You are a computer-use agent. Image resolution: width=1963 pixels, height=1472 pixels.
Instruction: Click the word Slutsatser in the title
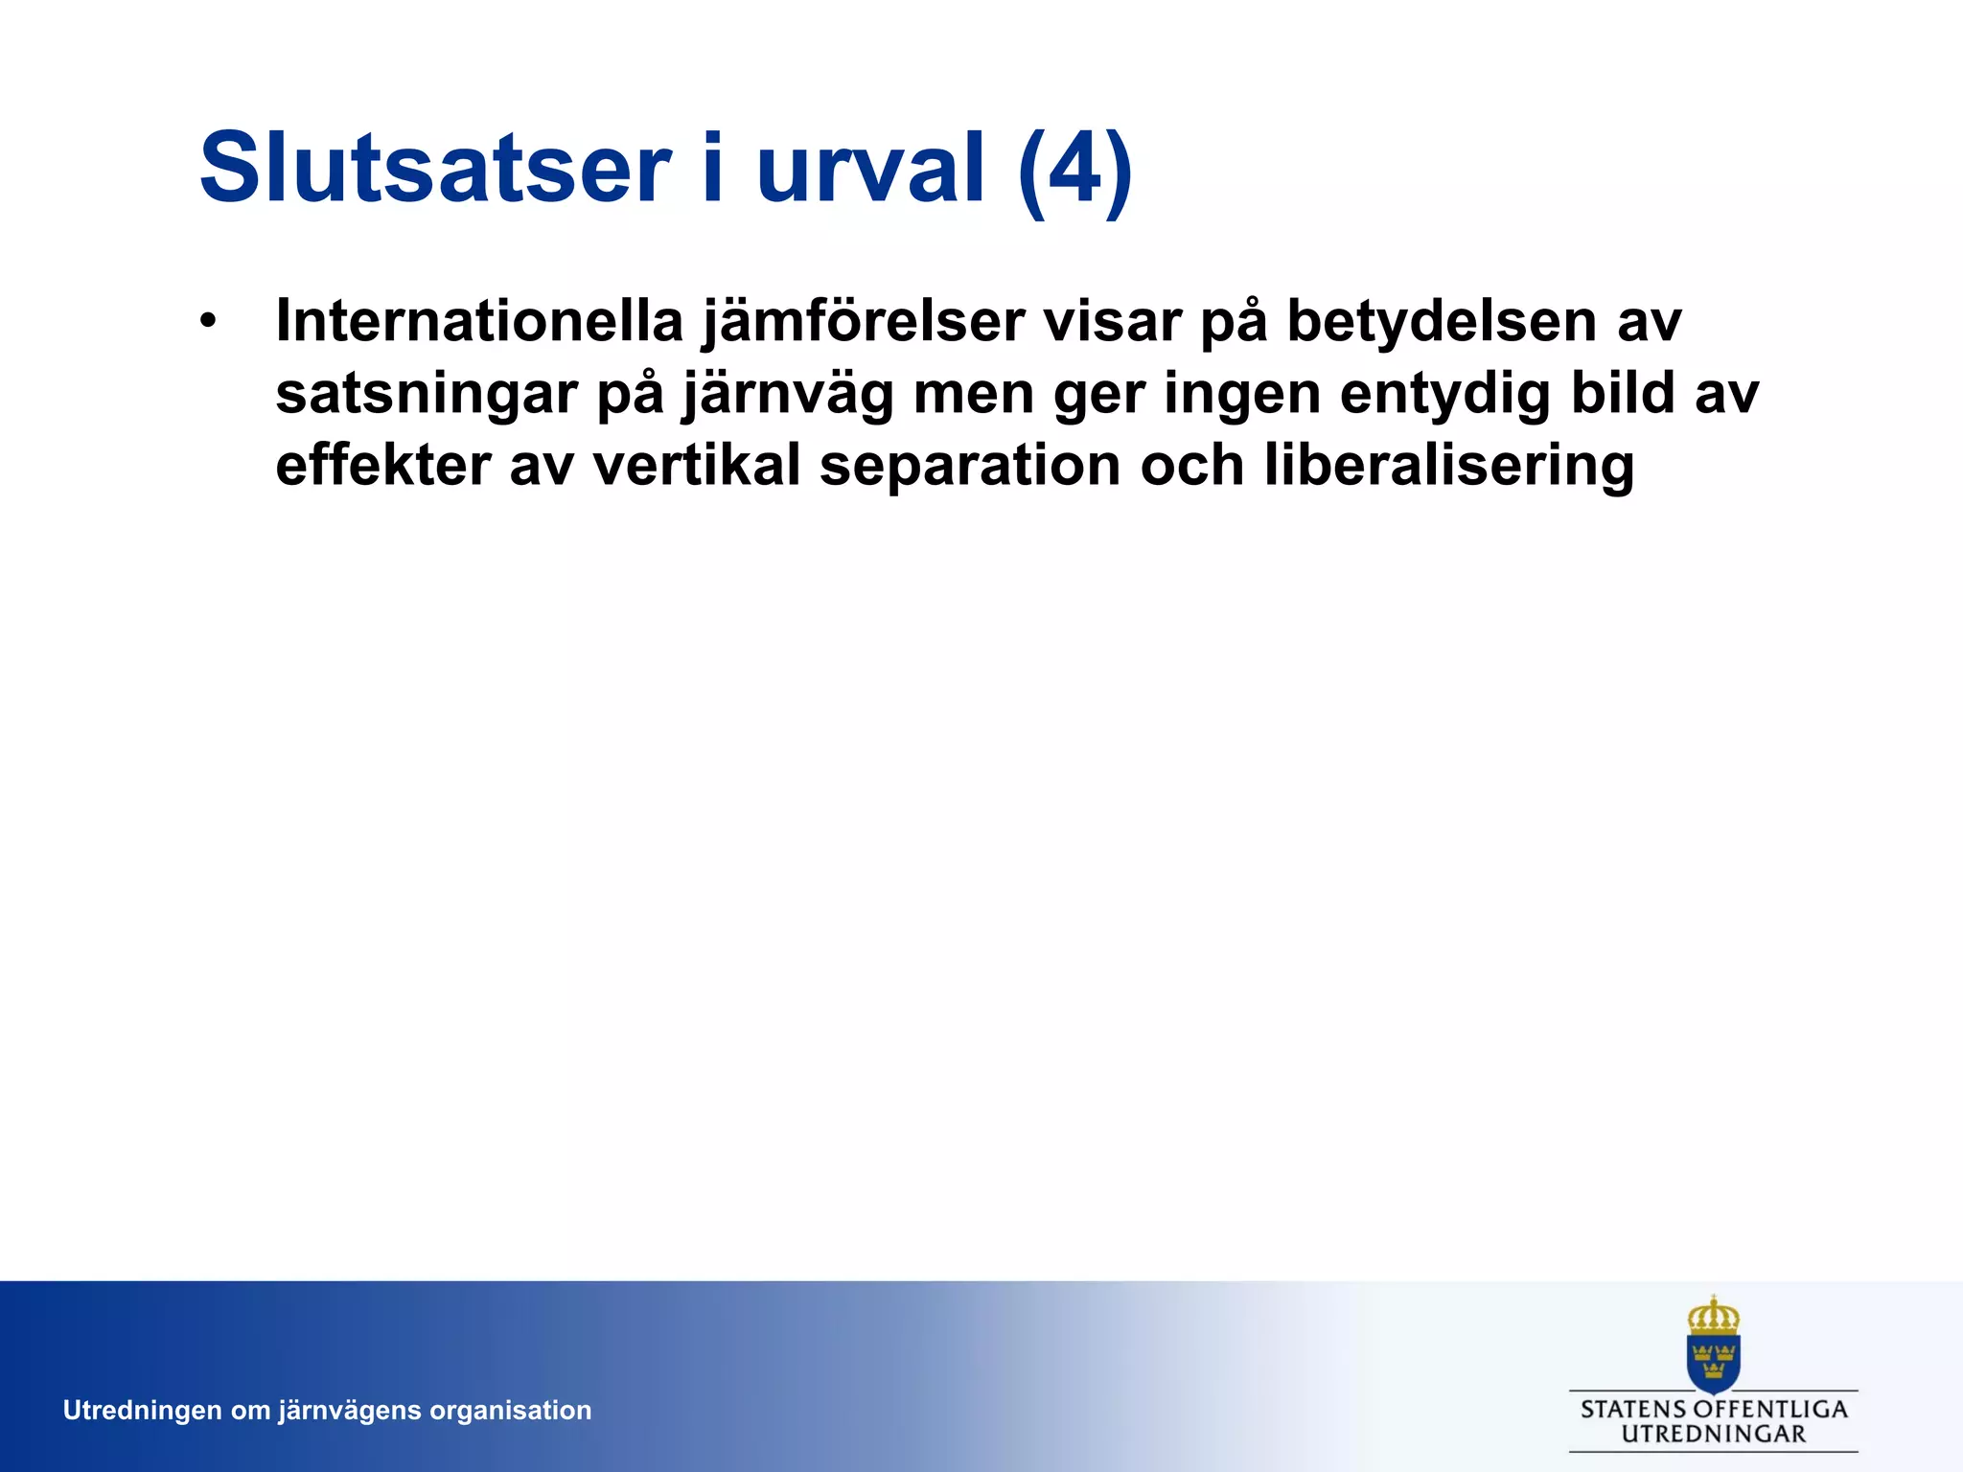[434, 169]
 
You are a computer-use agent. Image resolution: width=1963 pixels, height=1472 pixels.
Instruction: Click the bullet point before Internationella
[208, 320]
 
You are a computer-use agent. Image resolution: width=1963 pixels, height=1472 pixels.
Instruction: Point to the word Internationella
[479, 321]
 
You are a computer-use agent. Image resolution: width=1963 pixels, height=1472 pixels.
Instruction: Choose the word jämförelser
[863, 323]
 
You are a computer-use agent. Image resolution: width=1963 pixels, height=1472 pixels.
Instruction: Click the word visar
[1112, 321]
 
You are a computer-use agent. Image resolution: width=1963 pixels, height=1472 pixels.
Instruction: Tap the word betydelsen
[1441, 323]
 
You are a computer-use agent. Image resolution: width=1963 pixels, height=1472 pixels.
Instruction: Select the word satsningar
[427, 395]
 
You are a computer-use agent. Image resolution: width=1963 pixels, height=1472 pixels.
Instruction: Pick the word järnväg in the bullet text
[788, 395]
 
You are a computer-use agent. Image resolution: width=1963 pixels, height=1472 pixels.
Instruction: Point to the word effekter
[383, 466]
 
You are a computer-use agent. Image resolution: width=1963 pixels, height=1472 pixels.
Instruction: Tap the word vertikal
[697, 466]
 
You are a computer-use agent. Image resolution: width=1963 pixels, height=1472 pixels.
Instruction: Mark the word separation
[970, 468]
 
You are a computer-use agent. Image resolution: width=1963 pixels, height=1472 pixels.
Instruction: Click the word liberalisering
[1448, 468]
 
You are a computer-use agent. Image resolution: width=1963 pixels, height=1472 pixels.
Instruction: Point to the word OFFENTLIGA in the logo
[1769, 1410]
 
